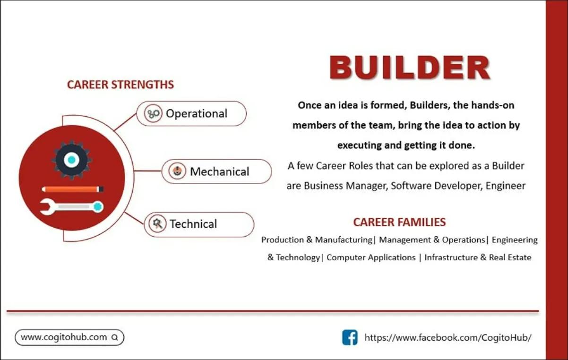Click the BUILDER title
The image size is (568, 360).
click(x=410, y=68)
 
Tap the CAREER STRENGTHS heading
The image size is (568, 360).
click(x=120, y=85)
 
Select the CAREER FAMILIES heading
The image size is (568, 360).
click(x=399, y=222)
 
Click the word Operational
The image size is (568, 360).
click(x=197, y=113)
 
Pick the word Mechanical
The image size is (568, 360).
click(x=220, y=171)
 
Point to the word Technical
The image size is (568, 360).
click(x=193, y=224)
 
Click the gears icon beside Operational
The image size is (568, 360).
click(x=153, y=113)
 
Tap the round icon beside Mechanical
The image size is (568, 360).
click(x=177, y=171)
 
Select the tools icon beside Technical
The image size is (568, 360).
click(x=157, y=223)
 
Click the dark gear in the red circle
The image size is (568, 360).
click(x=71, y=160)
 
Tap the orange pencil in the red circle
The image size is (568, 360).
click(x=72, y=189)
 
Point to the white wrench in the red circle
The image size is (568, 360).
click(x=72, y=207)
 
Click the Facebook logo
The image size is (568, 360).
click(x=350, y=337)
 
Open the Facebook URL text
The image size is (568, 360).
click(x=448, y=337)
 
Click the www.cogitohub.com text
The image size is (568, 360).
click(x=64, y=337)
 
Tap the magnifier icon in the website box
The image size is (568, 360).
click(x=115, y=337)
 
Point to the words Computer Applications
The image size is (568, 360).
click(x=371, y=257)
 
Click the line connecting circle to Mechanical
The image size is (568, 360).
click(x=147, y=171)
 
